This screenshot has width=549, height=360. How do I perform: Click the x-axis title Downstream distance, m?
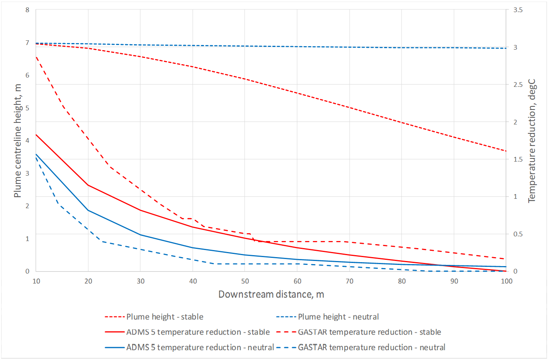click(271, 294)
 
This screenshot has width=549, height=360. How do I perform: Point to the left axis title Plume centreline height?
click(18, 141)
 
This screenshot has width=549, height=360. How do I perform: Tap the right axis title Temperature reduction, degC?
click(532, 141)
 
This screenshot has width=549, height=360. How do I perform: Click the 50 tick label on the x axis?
click(245, 281)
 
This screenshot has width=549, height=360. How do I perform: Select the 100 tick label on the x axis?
click(506, 281)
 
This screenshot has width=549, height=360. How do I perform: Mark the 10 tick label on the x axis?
click(36, 281)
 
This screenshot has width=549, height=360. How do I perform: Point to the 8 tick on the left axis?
click(27, 10)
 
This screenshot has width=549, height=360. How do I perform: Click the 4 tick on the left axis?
click(27, 140)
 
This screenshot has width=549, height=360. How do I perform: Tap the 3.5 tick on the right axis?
click(518, 10)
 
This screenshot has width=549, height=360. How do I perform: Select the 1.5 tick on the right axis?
click(518, 159)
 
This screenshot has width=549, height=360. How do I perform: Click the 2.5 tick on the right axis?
click(518, 85)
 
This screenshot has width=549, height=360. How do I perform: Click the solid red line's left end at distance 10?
click(36, 135)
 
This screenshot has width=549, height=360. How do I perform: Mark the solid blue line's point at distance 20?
click(88, 210)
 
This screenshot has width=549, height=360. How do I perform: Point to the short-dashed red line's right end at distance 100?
click(506, 151)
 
